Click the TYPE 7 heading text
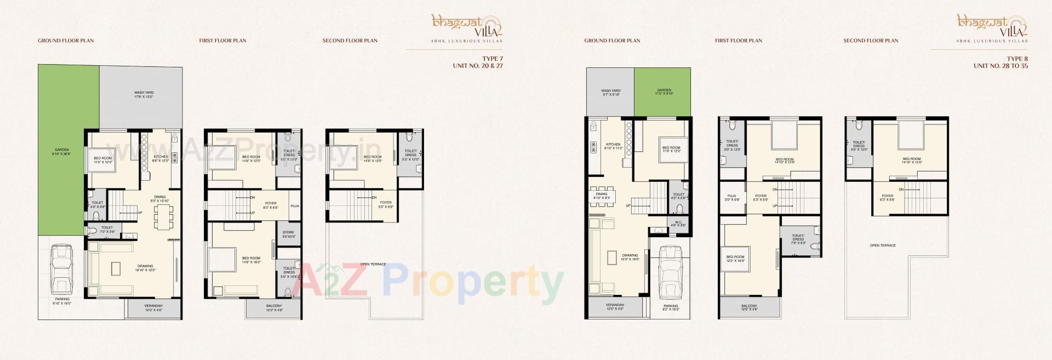(492, 59)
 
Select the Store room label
(288, 234)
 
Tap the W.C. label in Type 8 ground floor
(678, 224)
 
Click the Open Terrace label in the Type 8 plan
(883, 245)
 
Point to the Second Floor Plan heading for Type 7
(350, 41)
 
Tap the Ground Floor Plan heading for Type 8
(612, 41)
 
